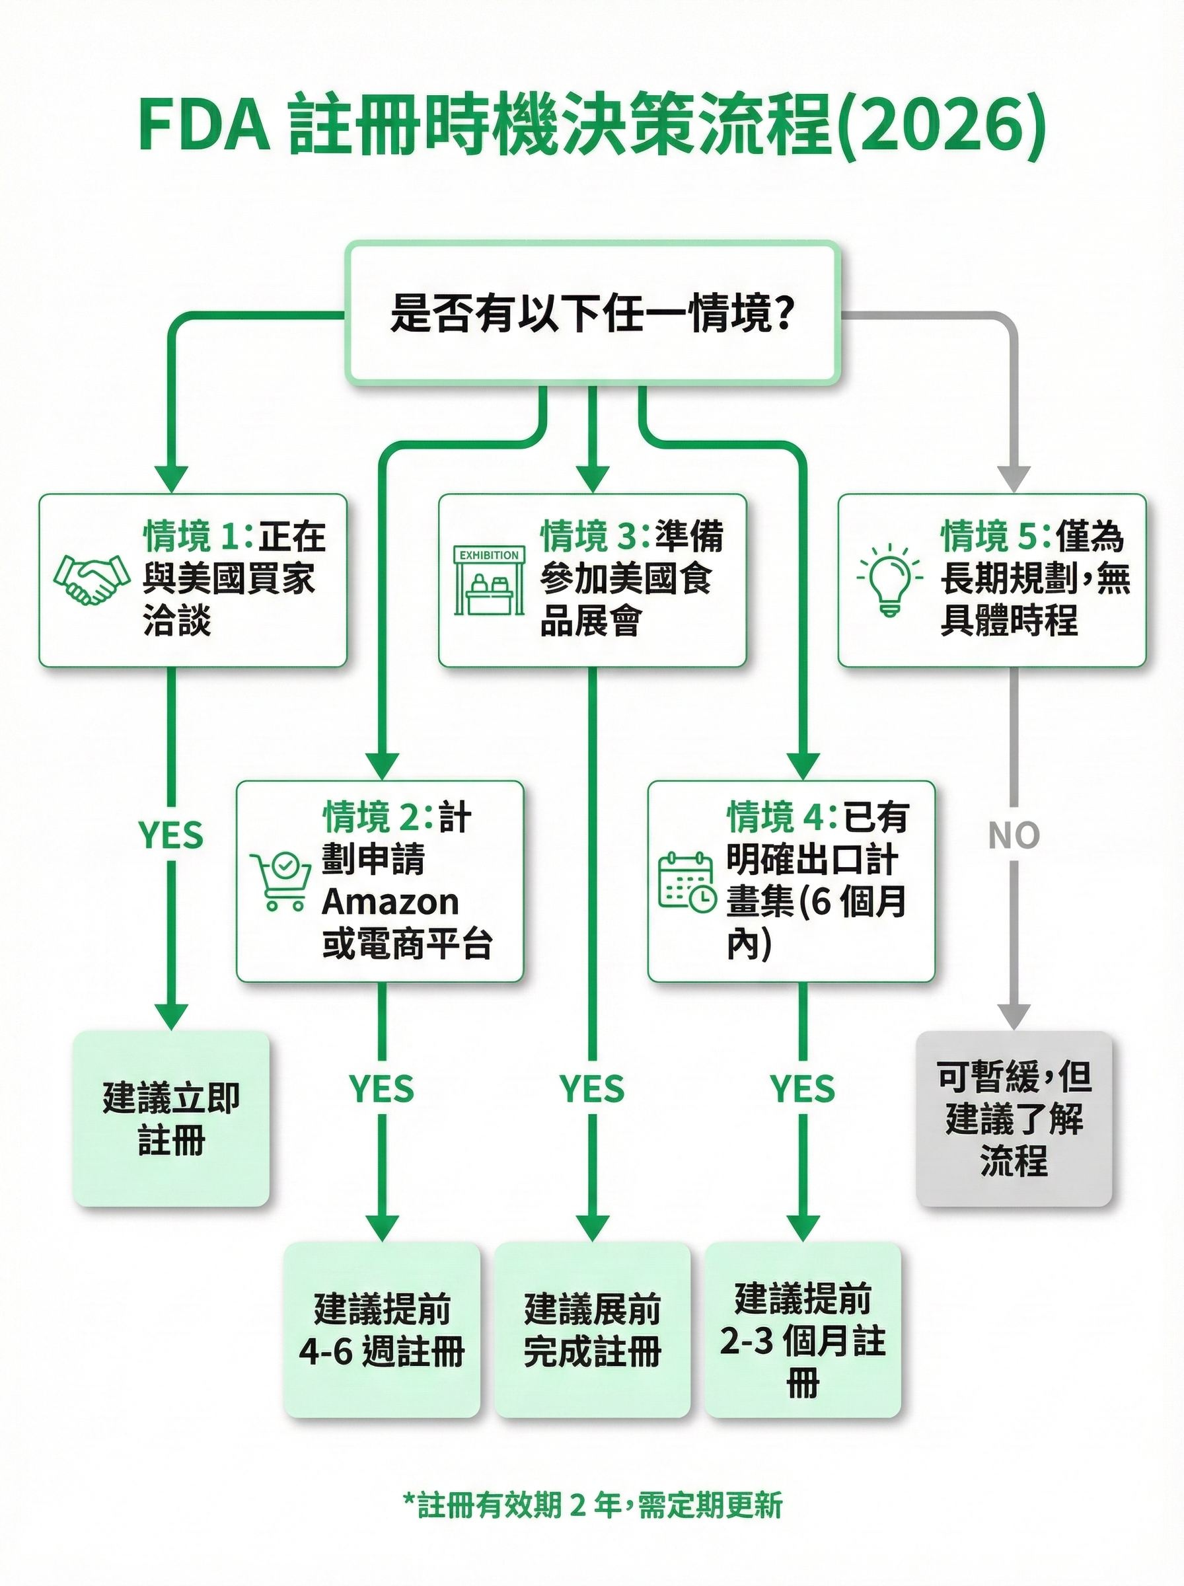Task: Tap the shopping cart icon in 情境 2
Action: [x=280, y=881]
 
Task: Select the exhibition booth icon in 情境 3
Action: [x=489, y=580]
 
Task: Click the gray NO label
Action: [x=1014, y=835]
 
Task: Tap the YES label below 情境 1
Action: [x=170, y=835]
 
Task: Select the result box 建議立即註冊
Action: [x=170, y=1118]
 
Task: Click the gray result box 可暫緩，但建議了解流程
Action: [x=1014, y=1118]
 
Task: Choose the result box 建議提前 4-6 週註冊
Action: [x=381, y=1330]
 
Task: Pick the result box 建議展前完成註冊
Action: [x=592, y=1330]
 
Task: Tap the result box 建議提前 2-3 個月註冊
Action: [x=803, y=1330]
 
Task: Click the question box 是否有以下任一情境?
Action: [x=592, y=313]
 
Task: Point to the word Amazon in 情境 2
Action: [x=390, y=901]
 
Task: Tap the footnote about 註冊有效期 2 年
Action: [x=592, y=1504]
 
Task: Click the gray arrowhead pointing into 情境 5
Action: [x=1014, y=478]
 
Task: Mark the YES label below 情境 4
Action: [x=803, y=1088]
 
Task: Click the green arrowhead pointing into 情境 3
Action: [x=592, y=478]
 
